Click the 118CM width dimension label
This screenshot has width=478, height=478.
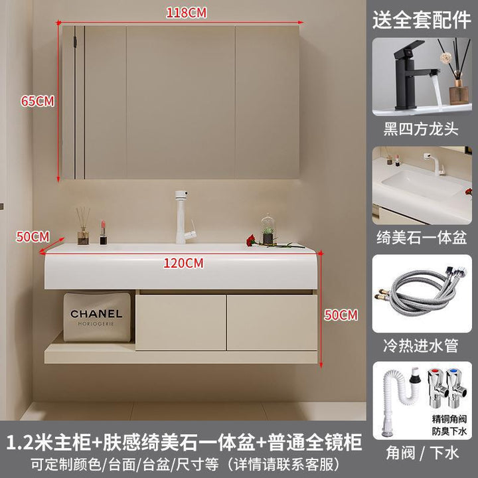pos(187,13)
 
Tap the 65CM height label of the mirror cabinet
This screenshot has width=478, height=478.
pos(37,101)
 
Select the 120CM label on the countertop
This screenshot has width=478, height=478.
pos(183,263)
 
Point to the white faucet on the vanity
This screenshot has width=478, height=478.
pos(184,217)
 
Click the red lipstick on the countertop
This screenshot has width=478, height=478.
pos(104,232)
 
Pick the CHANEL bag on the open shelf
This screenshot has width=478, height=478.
pos(97,317)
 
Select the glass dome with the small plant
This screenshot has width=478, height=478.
pos(268,228)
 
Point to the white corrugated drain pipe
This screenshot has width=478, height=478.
pos(399,400)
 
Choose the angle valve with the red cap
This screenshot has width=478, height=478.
pos(437,388)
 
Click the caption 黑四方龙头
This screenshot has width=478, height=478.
pos(422,129)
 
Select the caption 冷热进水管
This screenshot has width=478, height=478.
pos(421,346)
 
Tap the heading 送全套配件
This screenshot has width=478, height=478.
pos(422,20)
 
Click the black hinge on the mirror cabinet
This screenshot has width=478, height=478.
pos(74,41)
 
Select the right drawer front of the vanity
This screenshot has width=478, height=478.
pos(272,322)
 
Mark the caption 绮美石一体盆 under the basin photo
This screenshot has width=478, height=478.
pos(422,238)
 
